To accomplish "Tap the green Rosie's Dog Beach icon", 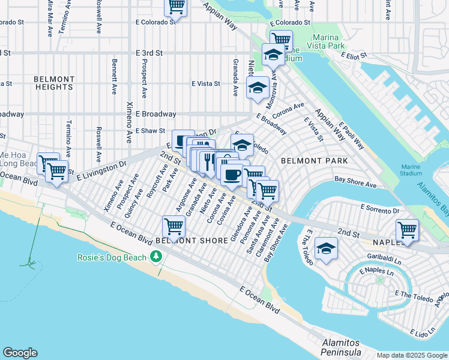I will pyautogui.click(x=157, y=257).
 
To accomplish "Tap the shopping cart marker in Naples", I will pyautogui.click(x=408, y=229).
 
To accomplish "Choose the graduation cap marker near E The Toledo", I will pyautogui.click(x=326, y=248).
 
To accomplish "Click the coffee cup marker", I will pyautogui.click(x=232, y=175).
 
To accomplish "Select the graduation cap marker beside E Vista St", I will pyautogui.click(x=258, y=88).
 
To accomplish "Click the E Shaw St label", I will pyautogui.click(x=150, y=131).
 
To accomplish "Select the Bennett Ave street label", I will pyautogui.click(x=113, y=77).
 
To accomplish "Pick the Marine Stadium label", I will pyautogui.click(x=412, y=170).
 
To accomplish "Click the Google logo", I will pyautogui.click(x=20, y=353).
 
